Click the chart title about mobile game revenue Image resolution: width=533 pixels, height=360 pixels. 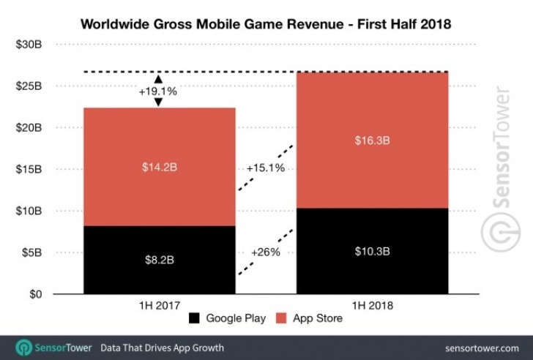tap(266, 24)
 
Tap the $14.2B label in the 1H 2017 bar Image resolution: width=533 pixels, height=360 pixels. tap(159, 167)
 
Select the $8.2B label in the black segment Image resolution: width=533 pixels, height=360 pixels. tap(159, 260)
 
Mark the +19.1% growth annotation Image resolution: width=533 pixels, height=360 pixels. tap(159, 92)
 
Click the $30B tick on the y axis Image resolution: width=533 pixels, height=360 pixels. tap(30, 45)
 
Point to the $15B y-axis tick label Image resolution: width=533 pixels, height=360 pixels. tap(30, 170)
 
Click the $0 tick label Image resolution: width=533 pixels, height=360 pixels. tap(36, 295)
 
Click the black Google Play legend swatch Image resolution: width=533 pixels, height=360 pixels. tap(195, 318)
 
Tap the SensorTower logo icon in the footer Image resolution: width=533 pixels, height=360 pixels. tap(24, 348)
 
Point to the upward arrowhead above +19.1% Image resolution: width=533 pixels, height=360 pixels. tap(159, 77)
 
